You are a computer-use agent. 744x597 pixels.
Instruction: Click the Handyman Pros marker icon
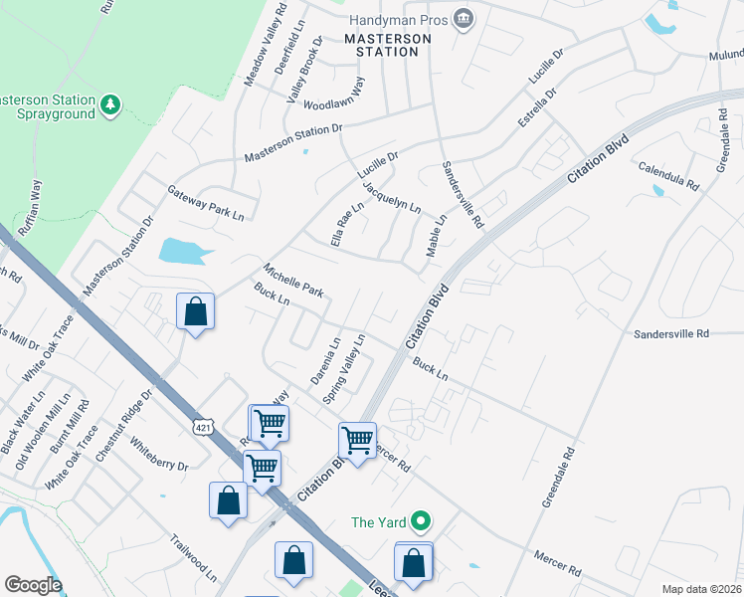(x=463, y=19)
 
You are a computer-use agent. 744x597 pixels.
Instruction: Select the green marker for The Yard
(x=421, y=521)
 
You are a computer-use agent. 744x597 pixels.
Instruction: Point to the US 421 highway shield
(x=203, y=426)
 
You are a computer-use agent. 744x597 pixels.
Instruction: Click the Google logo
(x=33, y=585)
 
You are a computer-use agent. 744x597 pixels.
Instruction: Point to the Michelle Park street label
(x=293, y=281)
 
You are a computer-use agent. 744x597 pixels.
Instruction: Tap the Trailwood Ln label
(x=193, y=558)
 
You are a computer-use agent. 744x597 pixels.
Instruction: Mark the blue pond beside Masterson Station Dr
(x=186, y=251)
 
